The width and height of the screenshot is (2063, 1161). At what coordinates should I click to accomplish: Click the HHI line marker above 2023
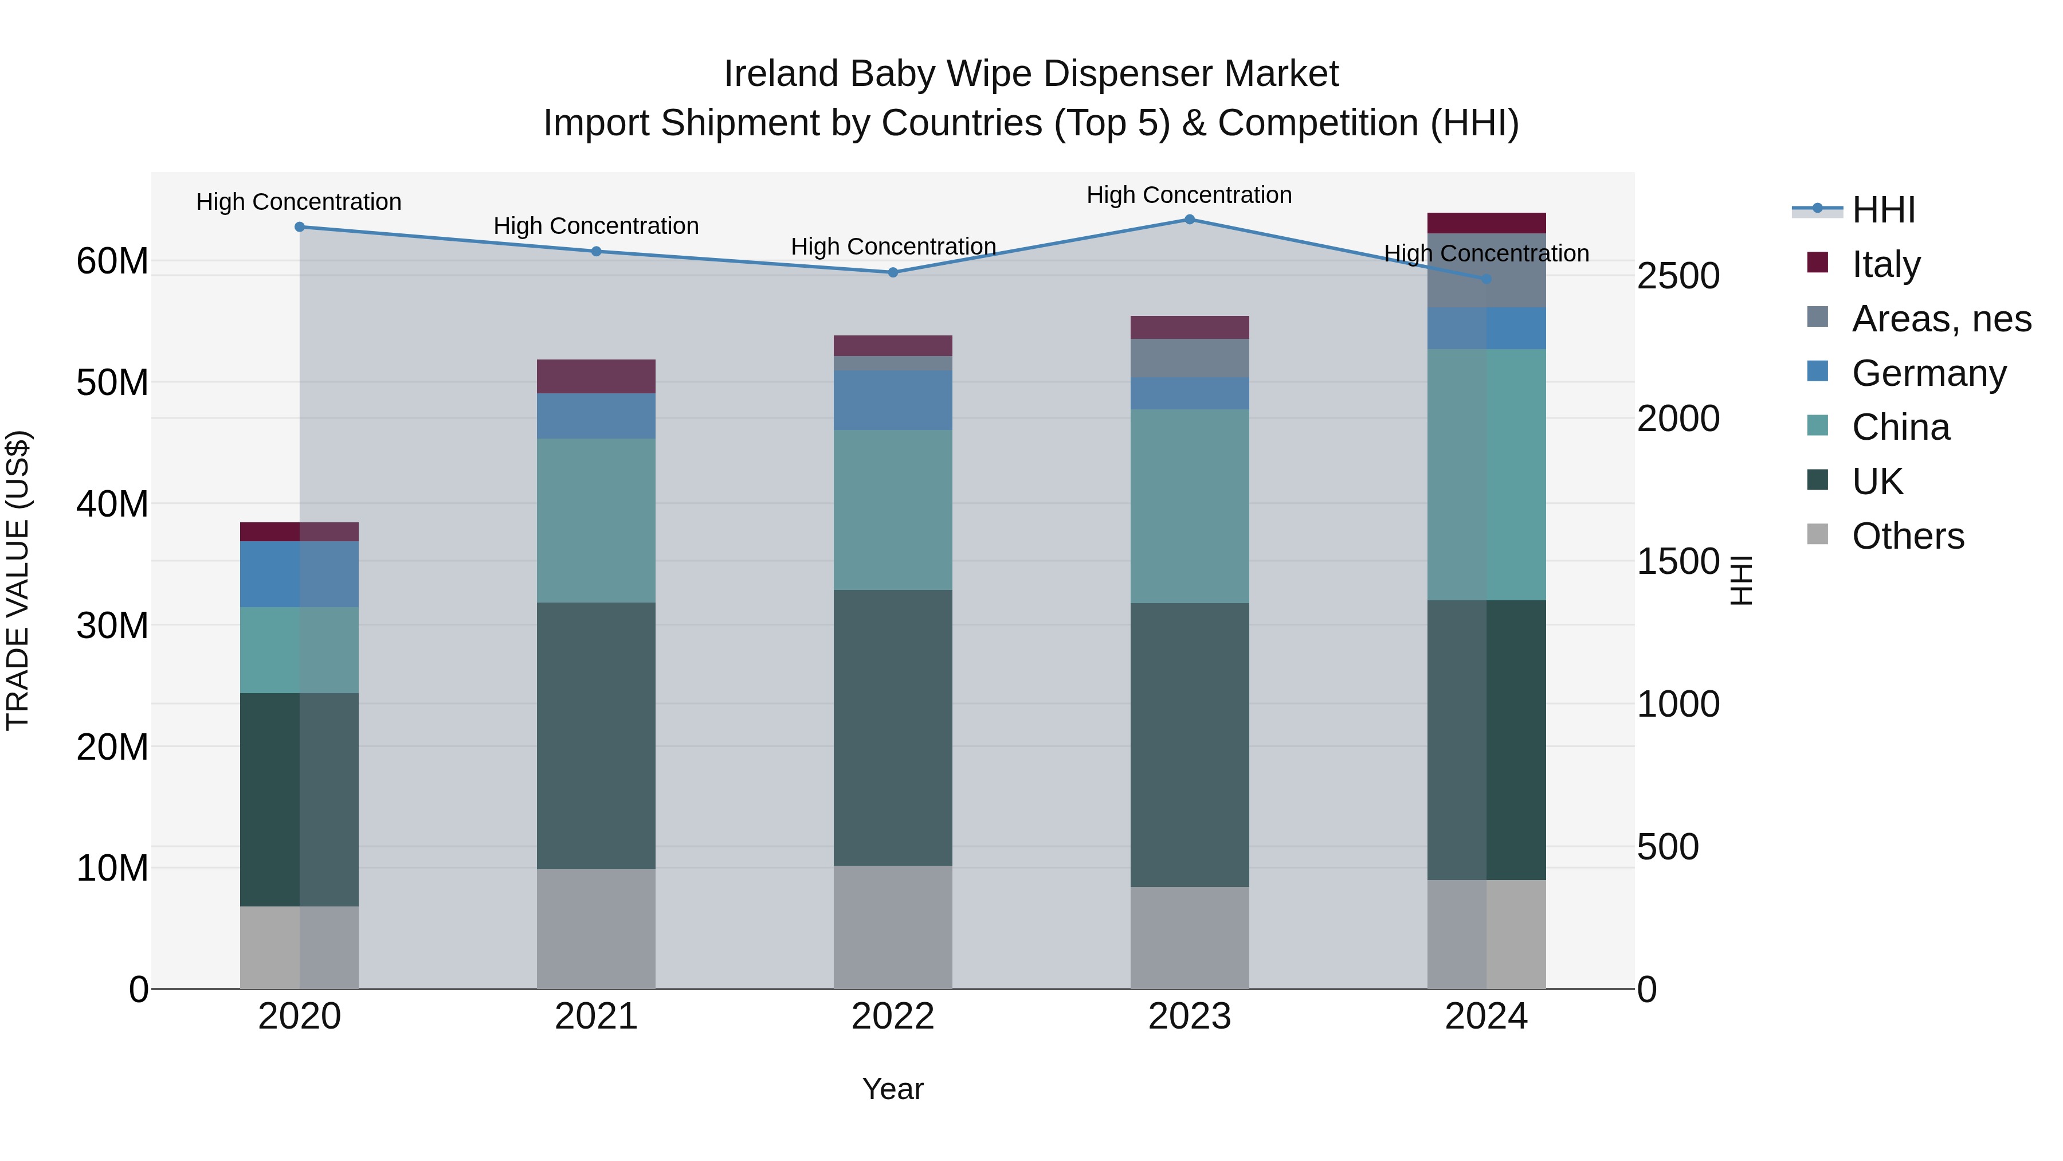click(x=1189, y=220)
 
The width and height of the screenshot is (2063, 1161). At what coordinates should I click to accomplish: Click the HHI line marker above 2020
click(x=300, y=226)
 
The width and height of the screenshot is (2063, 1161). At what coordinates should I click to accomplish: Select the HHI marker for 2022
click(x=893, y=272)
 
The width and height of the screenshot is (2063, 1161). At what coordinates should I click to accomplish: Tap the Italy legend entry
click(x=1885, y=264)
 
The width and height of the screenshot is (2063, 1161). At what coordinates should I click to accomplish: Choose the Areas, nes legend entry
click(x=1940, y=318)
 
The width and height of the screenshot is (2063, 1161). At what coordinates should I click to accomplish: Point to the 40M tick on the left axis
click(x=112, y=504)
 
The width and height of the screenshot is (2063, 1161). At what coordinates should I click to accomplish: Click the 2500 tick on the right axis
click(x=1678, y=276)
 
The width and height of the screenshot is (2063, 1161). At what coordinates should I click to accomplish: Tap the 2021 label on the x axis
click(x=596, y=1016)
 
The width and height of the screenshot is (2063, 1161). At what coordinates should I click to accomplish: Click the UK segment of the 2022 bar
click(x=893, y=728)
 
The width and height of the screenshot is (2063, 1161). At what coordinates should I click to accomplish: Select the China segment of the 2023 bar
click(x=1189, y=506)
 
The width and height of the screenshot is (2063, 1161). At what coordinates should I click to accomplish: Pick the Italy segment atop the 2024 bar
click(x=1487, y=223)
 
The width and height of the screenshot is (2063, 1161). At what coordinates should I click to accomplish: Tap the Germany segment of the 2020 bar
click(x=300, y=574)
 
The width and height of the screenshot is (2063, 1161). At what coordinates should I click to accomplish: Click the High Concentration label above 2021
click(x=596, y=226)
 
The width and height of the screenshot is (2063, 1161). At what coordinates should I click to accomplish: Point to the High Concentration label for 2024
click(x=1487, y=253)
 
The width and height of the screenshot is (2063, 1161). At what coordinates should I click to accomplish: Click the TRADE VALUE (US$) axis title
click(x=18, y=580)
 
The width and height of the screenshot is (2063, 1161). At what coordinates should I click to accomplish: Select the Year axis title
click(x=893, y=1089)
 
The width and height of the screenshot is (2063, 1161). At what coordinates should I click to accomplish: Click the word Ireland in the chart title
click(x=782, y=74)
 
